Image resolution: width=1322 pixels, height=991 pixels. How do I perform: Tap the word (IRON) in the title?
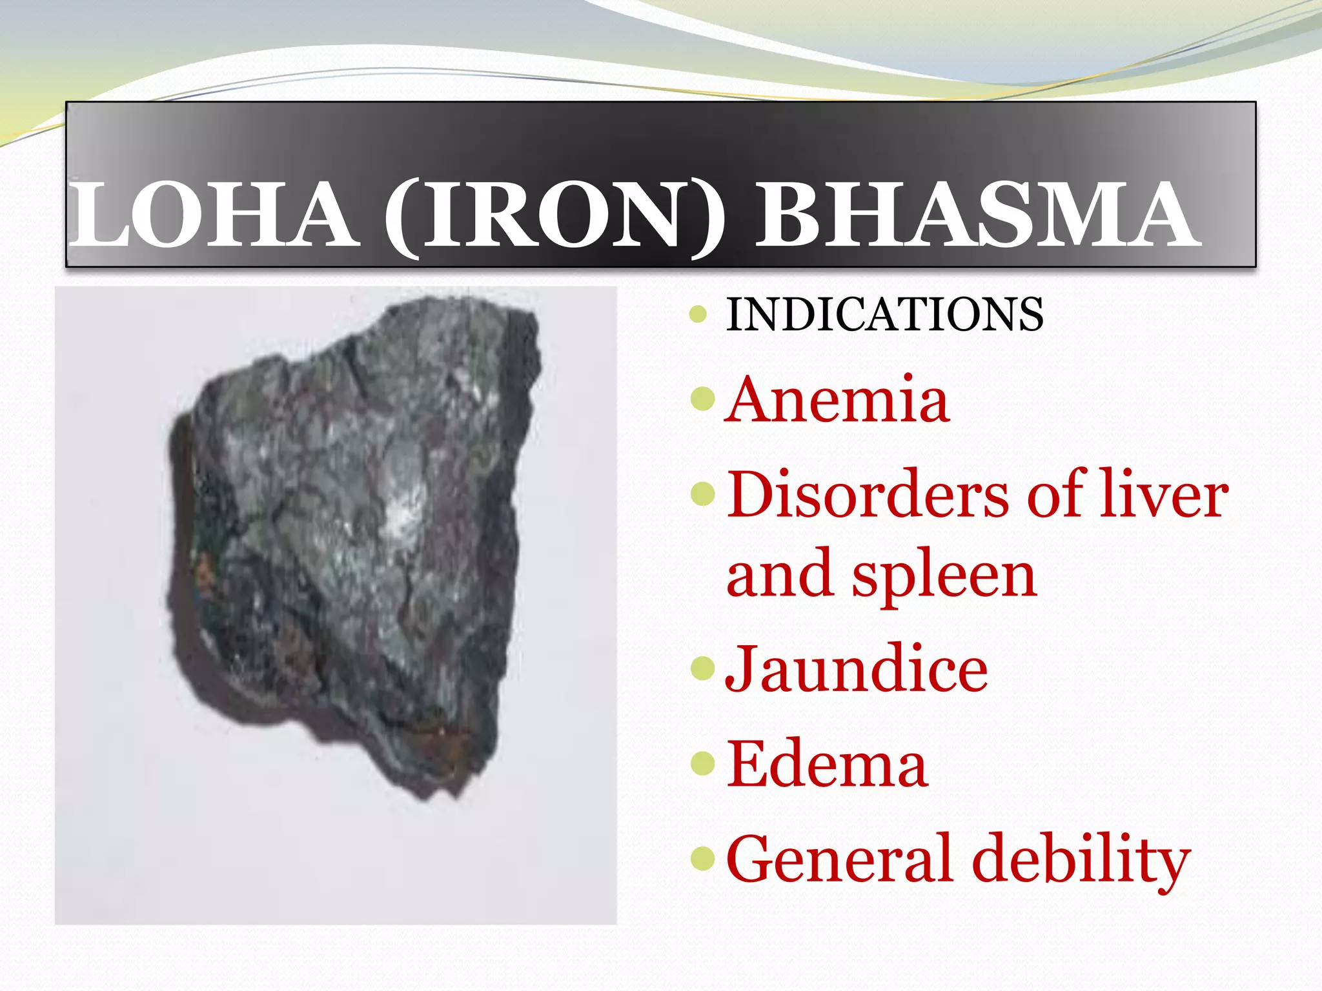pyautogui.click(x=554, y=216)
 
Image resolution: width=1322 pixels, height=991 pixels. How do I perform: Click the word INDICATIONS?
pyautogui.click(x=884, y=315)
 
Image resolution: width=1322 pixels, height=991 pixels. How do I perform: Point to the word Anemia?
pyautogui.click(x=837, y=400)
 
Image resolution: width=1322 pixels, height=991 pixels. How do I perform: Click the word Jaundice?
pyautogui.click(x=856, y=670)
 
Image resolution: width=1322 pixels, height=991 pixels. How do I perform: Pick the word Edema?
pyautogui.click(x=827, y=765)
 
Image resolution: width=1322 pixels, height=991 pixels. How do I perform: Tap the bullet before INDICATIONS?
pyautogui.click(x=698, y=315)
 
